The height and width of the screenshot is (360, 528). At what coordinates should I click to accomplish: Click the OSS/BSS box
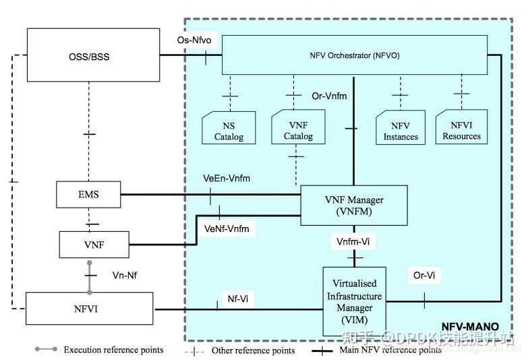(x=89, y=57)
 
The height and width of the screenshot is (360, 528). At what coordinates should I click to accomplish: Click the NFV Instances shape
(x=400, y=129)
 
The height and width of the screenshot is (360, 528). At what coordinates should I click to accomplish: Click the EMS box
(x=89, y=195)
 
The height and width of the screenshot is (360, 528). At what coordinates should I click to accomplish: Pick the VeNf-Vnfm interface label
(x=227, y=229)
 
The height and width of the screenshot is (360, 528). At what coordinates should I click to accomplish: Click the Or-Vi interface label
(x=424, y=275)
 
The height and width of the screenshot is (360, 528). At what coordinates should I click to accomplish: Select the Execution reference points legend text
(x=113, y=350)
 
